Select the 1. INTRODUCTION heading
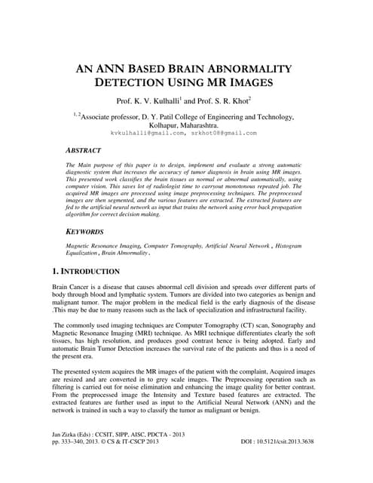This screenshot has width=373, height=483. tap(85, 271)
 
